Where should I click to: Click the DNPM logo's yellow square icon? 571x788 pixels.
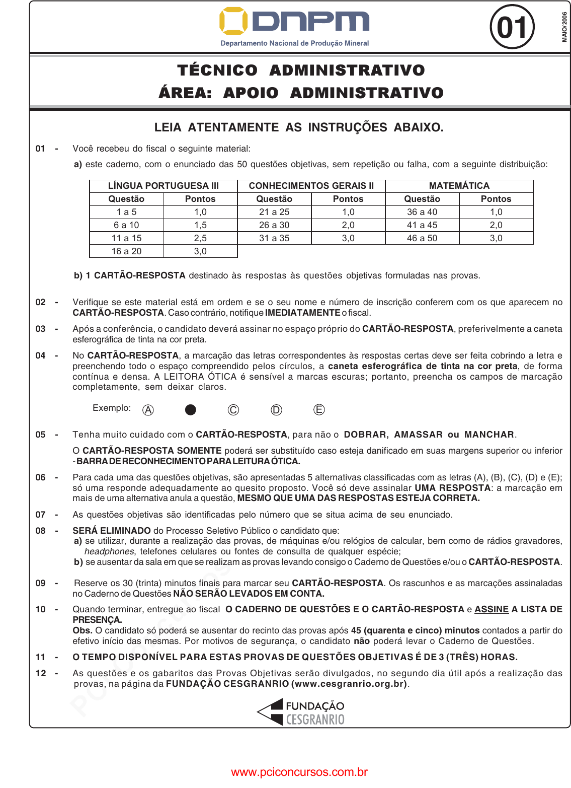(233, 21)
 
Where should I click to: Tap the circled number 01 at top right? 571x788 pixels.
(512, 27)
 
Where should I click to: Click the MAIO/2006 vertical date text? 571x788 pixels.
(564, 27)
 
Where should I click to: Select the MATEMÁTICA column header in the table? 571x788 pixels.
(459, 186)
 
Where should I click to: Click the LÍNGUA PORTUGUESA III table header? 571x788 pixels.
(163, 186)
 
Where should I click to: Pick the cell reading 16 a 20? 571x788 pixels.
(126, 251)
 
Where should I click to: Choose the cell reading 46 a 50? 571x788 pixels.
(422, 238)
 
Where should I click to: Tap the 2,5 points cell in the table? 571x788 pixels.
(200, 238)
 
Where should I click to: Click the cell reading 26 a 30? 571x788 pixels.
(274, 225)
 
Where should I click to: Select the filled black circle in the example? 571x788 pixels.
(191, 410)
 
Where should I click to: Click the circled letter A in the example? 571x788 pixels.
(148, 410)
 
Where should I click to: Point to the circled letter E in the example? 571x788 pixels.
(319, 410)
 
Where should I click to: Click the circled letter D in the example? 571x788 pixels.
(276, 410)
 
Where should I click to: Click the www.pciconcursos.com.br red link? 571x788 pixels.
(299, 772)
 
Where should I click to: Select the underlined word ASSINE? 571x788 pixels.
(492, 609)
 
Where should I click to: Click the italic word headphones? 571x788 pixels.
(109, 551)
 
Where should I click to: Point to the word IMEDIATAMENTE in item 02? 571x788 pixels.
(302, 313)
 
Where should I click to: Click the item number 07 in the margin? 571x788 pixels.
(40, 515)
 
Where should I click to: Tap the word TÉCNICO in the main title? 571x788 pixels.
(217, 70)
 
